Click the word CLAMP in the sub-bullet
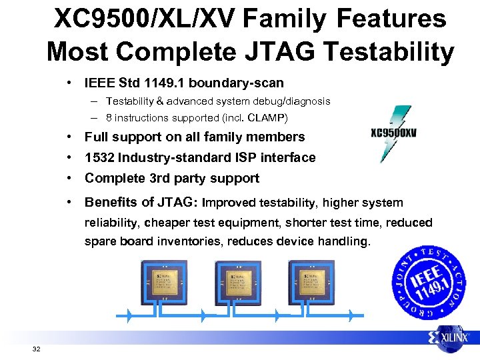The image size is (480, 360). [267, 119]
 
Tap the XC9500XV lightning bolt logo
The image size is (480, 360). [393, 133]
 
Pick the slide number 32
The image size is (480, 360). [36, 349]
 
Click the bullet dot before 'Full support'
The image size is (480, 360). [69, 137]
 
